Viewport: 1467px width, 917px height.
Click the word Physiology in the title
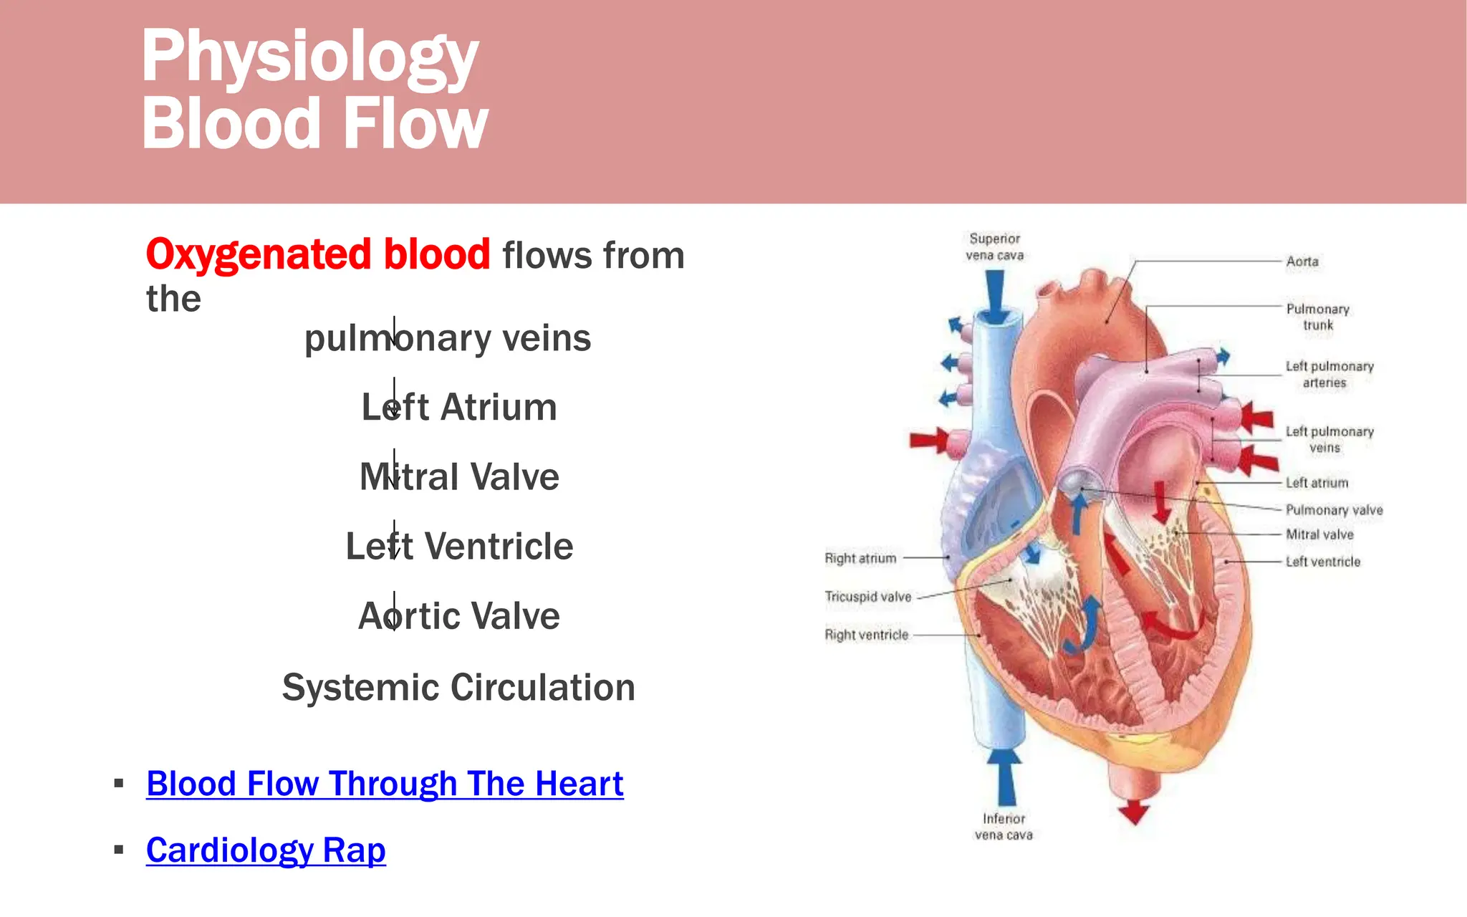tap(309, 57)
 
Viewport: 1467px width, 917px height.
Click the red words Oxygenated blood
tap(318, 254)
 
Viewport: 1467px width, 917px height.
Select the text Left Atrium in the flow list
tap(459, 407)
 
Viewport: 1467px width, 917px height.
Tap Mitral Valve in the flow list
tap(459, 476)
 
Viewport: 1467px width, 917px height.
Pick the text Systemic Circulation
tap(458, 687)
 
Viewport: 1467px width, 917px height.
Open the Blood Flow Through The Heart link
tap(385, 783)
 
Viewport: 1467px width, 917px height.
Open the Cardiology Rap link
tap(266, 850)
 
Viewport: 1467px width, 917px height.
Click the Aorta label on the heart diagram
tap(1302, 261)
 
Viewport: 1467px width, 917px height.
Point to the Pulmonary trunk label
tap(1317, 317)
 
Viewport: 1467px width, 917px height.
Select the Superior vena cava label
tap(994, 246)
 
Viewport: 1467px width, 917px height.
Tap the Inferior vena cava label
tap(1004, 827)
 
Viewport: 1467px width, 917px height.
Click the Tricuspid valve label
tap(867, 597)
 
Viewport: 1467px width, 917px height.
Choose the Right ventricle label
tap(866, 635)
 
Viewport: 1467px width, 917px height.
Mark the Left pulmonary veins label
tap(1329, 439)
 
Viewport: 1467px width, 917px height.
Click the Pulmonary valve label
tap(1333, 510)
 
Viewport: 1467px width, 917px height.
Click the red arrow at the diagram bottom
tap(1134, 811)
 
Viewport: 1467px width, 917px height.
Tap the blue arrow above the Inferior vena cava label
tap(1006, 777)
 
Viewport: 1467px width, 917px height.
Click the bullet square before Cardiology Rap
tap(119, 850)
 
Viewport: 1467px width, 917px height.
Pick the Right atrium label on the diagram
tap(860, 558)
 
